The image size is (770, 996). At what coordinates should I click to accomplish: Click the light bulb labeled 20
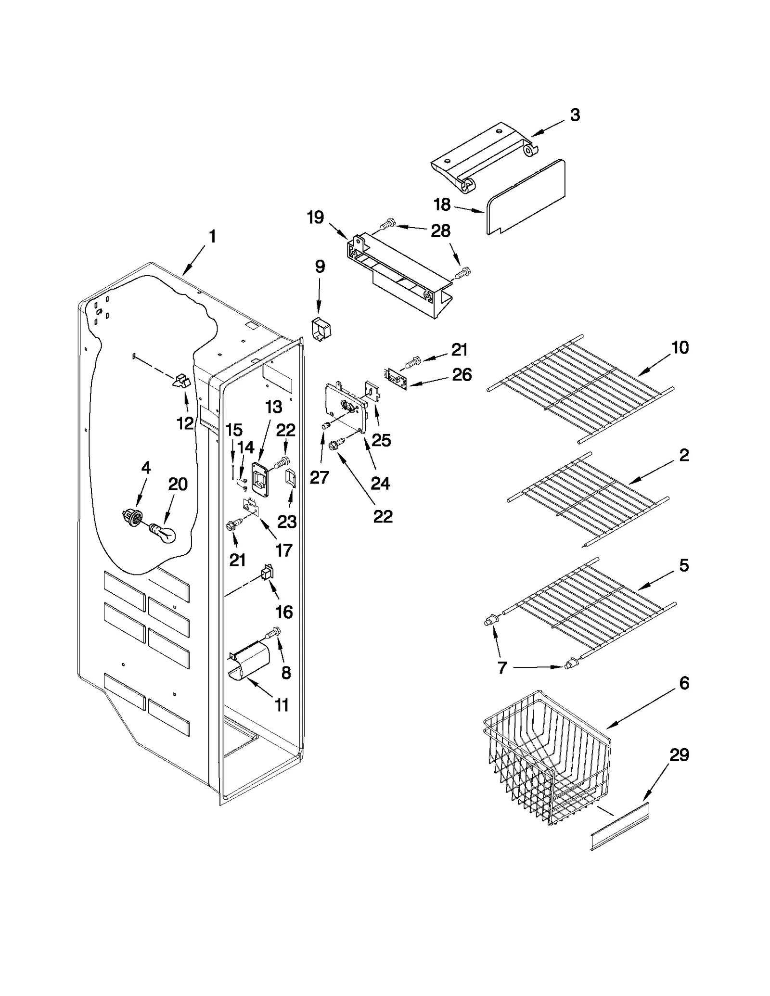(164, 533)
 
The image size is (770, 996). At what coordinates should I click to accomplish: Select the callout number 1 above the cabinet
(212, 237)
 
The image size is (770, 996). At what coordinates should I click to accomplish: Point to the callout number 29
(679, 755)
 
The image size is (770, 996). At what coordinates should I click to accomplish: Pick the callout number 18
(442, 204)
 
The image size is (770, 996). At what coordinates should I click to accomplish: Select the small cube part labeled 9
(320, 330)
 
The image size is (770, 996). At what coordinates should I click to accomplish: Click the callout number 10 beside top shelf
(680, 347)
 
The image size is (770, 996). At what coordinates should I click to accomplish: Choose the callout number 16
(284, 612)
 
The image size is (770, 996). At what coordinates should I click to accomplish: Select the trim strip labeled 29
(620, 826)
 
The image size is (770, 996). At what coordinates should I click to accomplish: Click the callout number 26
(462, 375)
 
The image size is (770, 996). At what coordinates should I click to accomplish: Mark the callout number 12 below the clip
(185, 423)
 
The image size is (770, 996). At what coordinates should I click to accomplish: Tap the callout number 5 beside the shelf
(684, 565)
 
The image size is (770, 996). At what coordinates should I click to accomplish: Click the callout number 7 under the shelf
(502, 668)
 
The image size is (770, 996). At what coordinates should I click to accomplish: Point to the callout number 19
(315, 217)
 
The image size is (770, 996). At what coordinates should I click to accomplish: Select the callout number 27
(319, 477)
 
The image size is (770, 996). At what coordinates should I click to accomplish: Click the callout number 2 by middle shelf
(684, 455)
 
